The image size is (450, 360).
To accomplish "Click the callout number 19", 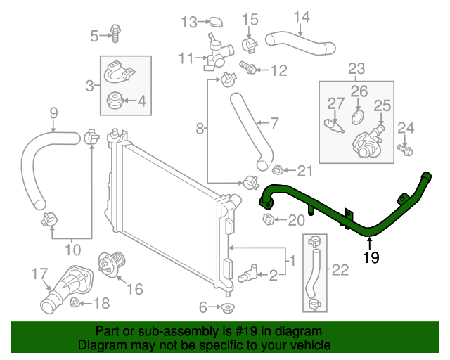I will (371, 258).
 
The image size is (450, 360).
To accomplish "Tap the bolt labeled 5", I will (115, 32).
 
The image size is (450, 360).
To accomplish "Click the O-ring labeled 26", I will (357, 115).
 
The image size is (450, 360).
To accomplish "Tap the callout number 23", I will (356, 68).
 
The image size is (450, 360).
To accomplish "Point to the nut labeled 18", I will (76, 304).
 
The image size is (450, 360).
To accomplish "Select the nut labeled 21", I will (277, 169).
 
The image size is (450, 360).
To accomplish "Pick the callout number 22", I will (340, 269).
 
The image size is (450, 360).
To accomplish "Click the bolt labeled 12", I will (249, 70).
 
